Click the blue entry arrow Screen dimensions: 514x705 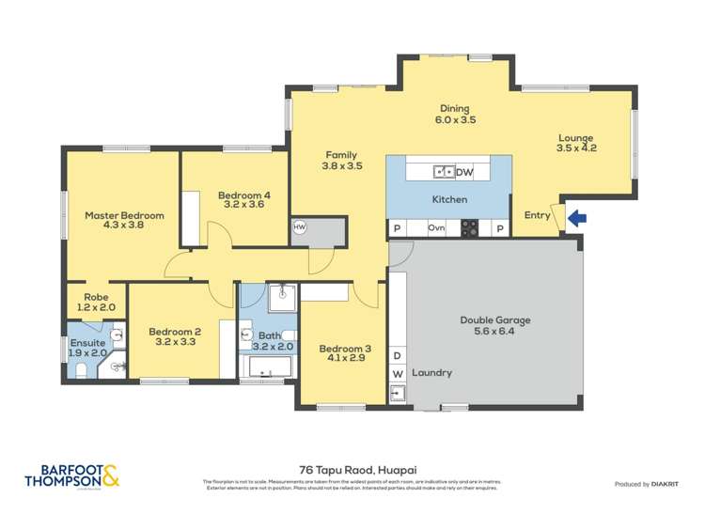(578, 218)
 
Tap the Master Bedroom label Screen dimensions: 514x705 (124, 215)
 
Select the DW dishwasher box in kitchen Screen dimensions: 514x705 (464, 172)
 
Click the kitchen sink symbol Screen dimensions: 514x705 (443, 172)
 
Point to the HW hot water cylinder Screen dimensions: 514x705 (300, 228)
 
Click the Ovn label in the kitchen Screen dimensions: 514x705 (436, 228)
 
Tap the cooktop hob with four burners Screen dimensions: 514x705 (468, 228)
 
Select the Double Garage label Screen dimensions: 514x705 (495, 320)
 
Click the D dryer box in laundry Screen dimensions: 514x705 (397, 356)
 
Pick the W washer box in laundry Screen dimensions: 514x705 (397, 374)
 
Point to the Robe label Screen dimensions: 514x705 (96, 297)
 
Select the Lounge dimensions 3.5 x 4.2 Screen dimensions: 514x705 (576, 148)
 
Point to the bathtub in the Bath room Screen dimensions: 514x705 (269, 366)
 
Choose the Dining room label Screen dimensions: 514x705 (455, 108)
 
